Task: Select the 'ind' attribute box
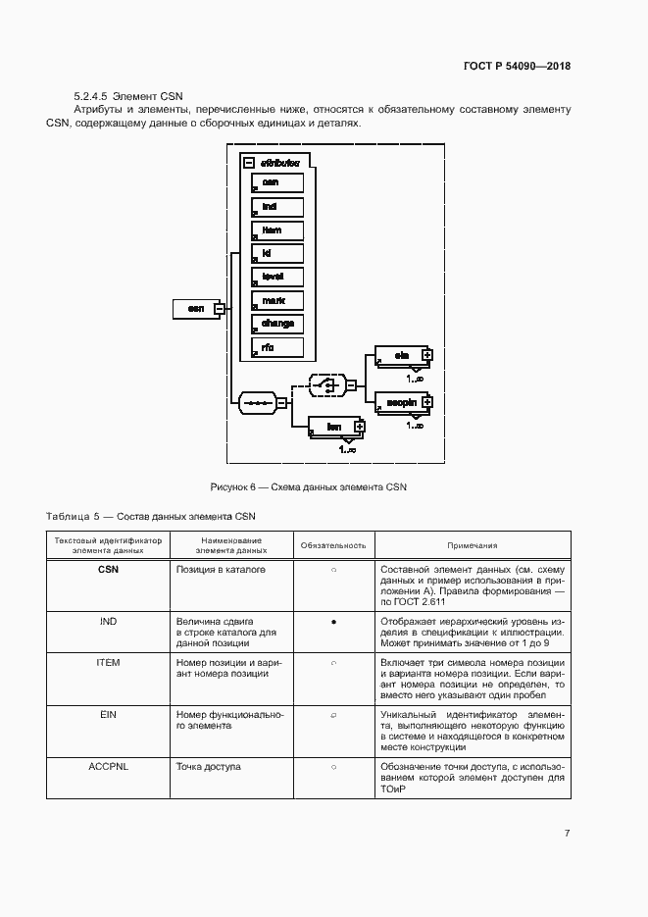[x=277, y=206]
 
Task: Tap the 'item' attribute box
[x=277, y=229]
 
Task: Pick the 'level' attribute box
[x=277, y=277]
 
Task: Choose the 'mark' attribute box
[x=277, y=300]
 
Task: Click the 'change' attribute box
[x=277, y=323]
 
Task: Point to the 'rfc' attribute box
[x=277, y=346]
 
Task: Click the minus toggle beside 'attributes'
[x=249, y=163]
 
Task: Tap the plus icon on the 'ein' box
[x=426, y=354]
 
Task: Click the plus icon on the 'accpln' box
[x=426, y=401]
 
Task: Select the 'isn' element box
[x=333, y=427]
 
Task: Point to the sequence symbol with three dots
[x=257, y=401]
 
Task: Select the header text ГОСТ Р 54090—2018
[x=517, y=67]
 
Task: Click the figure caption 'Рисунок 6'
[x=308, y=486]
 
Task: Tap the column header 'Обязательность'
[x=333, y=545]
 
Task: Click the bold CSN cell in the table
[x=108, y=569]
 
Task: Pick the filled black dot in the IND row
[x=333, y=622]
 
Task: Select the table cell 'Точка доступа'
[x=208, y=767]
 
